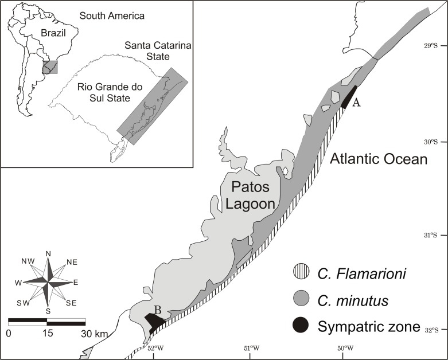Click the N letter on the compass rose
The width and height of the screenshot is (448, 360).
pos(48,253)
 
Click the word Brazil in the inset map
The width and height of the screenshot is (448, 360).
pos(53,33)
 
